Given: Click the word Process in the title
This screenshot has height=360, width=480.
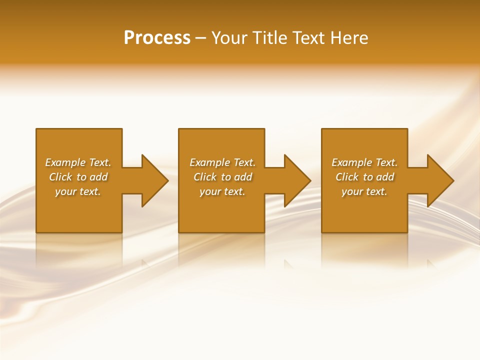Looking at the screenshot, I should click(x=157, y=38).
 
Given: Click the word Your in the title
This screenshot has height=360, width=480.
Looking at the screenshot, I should click(x=229, y=38).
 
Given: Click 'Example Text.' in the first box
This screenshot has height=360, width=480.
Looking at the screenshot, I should click(x=78, y=162).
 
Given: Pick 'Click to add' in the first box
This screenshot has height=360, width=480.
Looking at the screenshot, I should click(x=78, y=177).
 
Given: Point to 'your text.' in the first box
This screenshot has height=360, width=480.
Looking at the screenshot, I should click(x=78, y=191).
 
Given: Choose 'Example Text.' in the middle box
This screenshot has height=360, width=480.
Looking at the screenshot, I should click(x=222, y=162).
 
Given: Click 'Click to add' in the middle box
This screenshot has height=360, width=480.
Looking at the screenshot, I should click(x=222, y=177).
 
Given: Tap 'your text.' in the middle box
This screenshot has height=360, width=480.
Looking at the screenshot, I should click(x=222, y=191).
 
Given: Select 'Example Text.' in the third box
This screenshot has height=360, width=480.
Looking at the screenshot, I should click(x=364, y=162).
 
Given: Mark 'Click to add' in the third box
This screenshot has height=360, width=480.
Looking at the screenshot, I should click(x=364, y=177).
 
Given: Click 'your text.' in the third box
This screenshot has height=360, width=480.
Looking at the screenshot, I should click(x=364, y=191).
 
